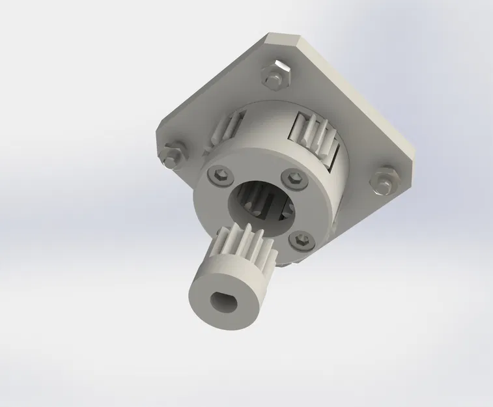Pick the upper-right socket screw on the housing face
pyautogui.click(x=294, y=179)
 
